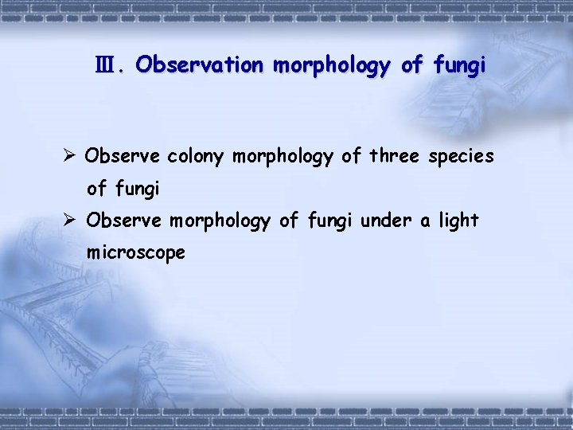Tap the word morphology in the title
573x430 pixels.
point(333,65)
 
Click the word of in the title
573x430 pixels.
point(411,65)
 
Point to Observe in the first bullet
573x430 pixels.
point(123,156)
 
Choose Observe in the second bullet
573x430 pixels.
point(123,220)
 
